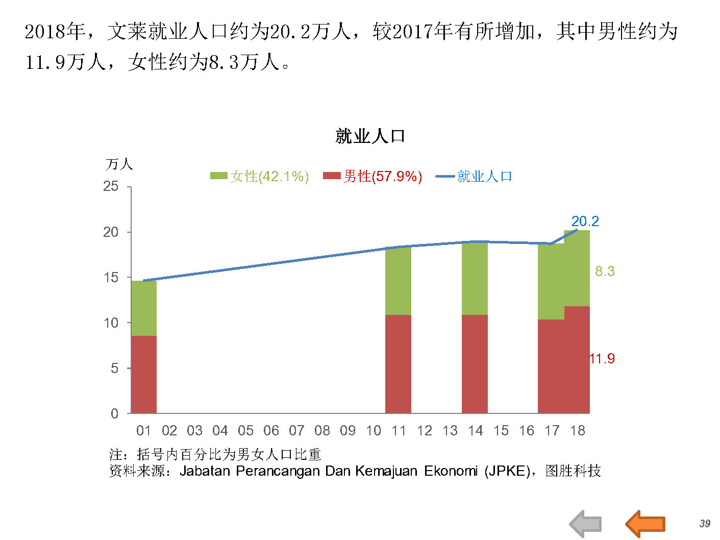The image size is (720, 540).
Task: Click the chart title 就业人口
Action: pyautogui.click(x=370, y=136)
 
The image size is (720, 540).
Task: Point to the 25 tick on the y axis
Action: pyautogui.click(x=111, y=186)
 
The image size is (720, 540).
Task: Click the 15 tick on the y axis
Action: pyautogui.click(x=111, y=277)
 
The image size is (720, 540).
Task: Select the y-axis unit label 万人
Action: pyautogui.click(x=119, y=164)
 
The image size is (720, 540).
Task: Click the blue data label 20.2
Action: pyautogui.click(x=585, y=222)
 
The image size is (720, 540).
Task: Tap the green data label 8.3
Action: pyautogui.click(x=605, y=272)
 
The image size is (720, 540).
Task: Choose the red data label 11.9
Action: pyautogui.click(x=602, y=359)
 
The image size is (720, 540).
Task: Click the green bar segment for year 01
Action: pyautogui.click(x=144, y=308)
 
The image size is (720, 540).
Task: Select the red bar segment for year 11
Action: pyautogui.click(x=398, y=363)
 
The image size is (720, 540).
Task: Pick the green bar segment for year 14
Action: pyautogui.click(x=475, y=278)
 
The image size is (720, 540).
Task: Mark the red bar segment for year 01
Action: pyautogui.click(x=144, y=374)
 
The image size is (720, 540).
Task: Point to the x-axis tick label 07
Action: pyautogui.click(x=296, y=431)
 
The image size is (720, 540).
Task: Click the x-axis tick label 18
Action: pyautogui.click(x=577, y=431)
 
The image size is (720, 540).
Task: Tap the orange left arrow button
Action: pyautogui.click(x=645, y=524)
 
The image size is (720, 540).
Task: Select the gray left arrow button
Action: pyautogui.click(x=586, y=524)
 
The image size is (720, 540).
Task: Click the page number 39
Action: pyautogui.click(x=705, y=524)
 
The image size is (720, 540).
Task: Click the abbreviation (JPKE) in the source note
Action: pyautogui.click(x=507, y=471)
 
